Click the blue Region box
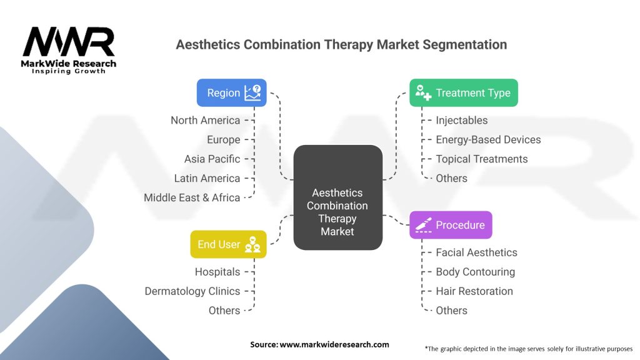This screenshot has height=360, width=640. pyautogui.click(x=231, y=92)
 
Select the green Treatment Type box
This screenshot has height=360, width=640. pyautogui.click(x=464, y=92)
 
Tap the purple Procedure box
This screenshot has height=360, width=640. pyautogui.click(x=451, y=225)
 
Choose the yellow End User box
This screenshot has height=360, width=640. pyautogui.click(x=228, y=244)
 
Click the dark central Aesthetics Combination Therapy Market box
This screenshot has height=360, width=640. pyautogui.click(x=338, y=197)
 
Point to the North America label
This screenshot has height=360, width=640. pyautogui.click(x=205, y=121)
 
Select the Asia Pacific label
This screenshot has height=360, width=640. pyautogui.click(x=212, y=159)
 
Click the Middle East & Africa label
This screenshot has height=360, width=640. pyautogui.click(x=192, y=197)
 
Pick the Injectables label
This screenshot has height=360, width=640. pyautogui.click(x=462, y=121)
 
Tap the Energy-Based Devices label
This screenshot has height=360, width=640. pyautogui.click(x=488, y=139)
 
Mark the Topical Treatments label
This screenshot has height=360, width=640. pyautogui.click(x=482, y=159)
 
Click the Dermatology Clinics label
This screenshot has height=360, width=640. pyautogui.click(x=192, y=291)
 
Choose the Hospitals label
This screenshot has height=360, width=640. pyautogui.click(x=217, y=272)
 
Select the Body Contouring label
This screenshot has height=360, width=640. pyautogui.click(x=476, y=272)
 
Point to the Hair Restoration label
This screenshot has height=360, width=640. pyautogui.click(x=474, y=291)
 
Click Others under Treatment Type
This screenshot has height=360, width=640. pyautogui.click(x=451, y=178)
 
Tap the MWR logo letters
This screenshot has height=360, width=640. pyautogui.click(x=69, y=42)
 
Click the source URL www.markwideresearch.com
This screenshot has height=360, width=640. pyautogui.click(x=334, y=344)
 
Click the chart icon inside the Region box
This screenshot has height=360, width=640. pyautogui.click(x=252, y=92)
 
